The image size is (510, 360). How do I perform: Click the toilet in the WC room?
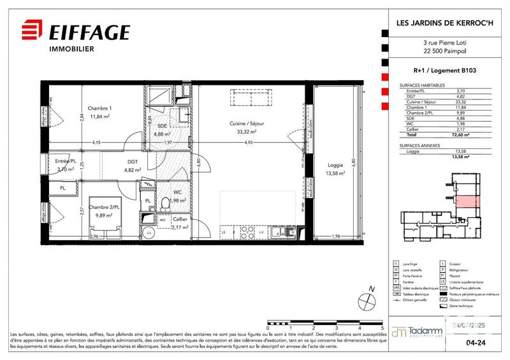tap(165, 204)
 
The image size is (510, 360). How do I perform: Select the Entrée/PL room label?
tap(66, 161)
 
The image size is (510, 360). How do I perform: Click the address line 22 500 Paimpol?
tap(446, 52)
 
